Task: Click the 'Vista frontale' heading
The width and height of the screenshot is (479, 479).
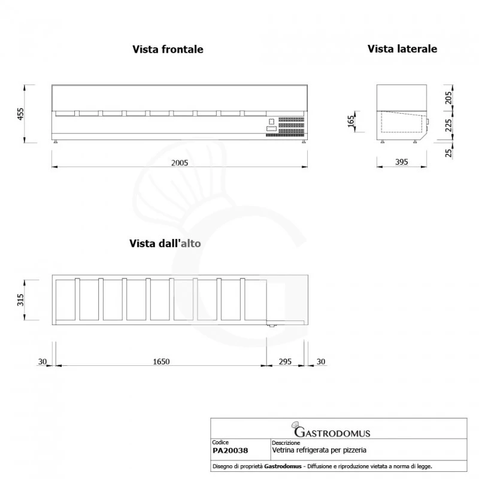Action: (168, 50)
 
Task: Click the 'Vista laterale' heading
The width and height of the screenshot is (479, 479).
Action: (402, 48)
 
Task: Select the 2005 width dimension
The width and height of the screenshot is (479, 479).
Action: (180, 163)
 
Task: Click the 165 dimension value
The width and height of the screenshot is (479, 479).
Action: (351, 122)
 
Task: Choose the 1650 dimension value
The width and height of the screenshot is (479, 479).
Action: (162, 361)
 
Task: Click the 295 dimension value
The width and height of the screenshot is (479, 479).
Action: (286, 361)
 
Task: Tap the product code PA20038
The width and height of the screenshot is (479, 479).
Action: (231, 450)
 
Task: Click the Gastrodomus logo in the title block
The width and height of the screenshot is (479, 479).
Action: (331, 431)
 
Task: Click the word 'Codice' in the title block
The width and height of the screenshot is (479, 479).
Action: (221, 442)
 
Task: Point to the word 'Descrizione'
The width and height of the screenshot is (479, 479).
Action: (285, 442)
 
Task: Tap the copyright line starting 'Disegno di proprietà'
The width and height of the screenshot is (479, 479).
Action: (322, 466)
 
